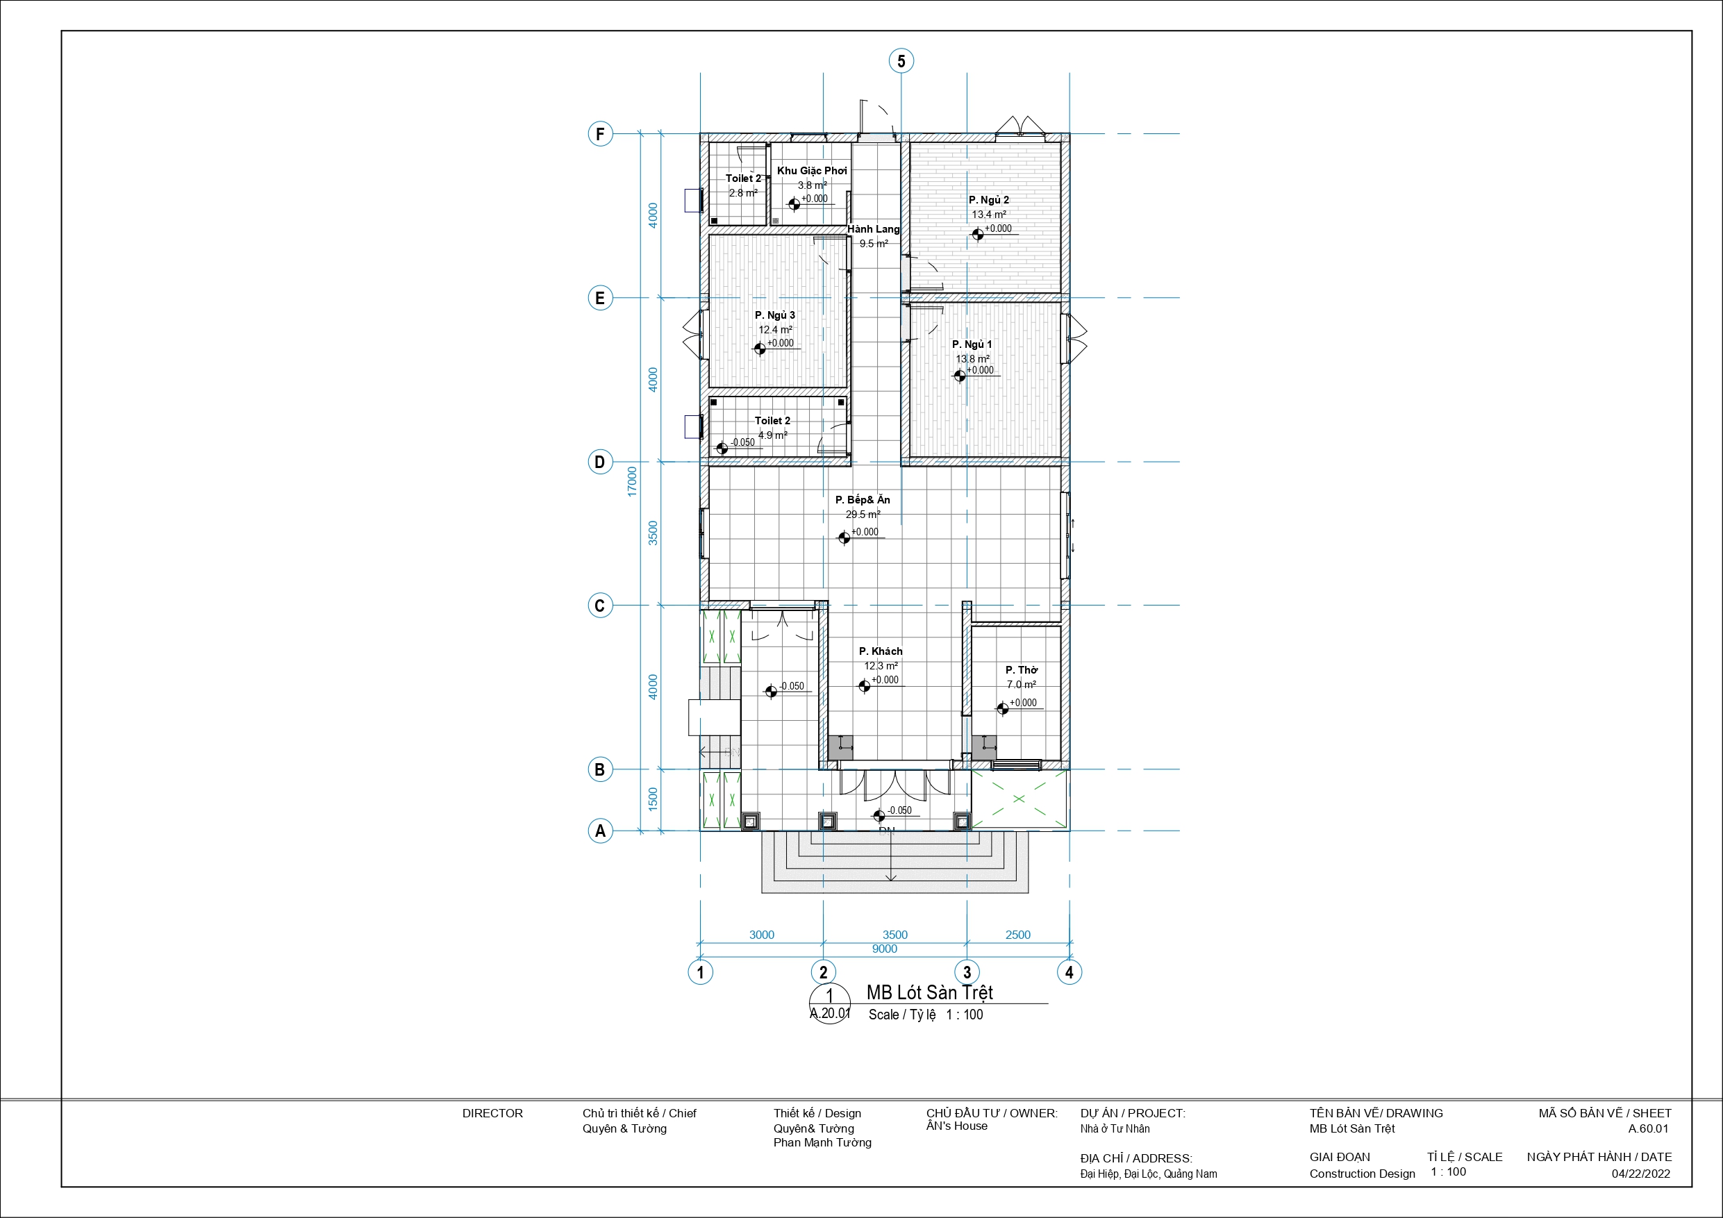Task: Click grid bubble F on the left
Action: (599, 134)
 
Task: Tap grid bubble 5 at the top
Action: (901, 61)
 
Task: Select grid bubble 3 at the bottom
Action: (967, 973)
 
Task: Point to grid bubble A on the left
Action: (599, 831)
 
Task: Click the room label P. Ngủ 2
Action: (988, 199)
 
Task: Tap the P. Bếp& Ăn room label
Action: (863, 500)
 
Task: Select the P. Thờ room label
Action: (1022, 669)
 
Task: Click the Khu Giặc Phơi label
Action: (812, 170)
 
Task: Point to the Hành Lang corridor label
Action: (874, 229)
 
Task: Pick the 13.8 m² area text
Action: (972, 359)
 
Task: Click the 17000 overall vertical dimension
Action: (632, 481)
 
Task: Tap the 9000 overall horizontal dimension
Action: (885, 949)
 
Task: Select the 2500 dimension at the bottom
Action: (1017, 934)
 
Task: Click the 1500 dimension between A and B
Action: (653, 799)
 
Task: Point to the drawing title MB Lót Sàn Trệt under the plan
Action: (930, 992)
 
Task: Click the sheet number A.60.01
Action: (1648, 1128)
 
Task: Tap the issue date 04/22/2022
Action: (1640, 1174)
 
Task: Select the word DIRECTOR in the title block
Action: (492, 1113)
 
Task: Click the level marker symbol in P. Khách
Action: (865, 686)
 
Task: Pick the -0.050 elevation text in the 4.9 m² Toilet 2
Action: (742, 442)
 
